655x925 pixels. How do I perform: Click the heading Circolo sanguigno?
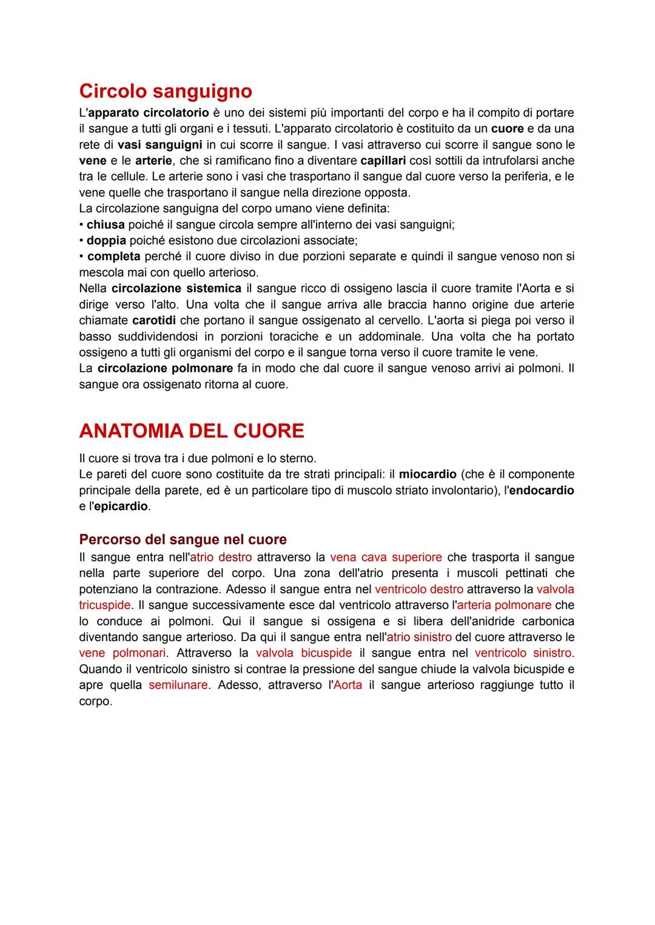tap(166, 91)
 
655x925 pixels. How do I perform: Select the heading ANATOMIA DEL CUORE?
tap(191, 431)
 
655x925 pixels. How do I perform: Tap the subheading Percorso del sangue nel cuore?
tap(183, 539)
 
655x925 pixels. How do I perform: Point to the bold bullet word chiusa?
tap(106, 224)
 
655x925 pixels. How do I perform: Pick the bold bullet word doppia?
tap(106, 240)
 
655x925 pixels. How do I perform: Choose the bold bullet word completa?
tap(113, 257)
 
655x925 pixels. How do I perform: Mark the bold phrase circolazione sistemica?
tap(176, 288)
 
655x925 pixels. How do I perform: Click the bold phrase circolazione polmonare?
tap(165, 368)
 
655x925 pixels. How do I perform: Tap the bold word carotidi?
tap(154, 320)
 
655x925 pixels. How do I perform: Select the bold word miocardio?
tap(428, 474)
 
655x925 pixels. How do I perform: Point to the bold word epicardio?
tap(121, 506)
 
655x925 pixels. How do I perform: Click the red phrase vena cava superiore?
tap(386, 557)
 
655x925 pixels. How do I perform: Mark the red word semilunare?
tap(178, 685)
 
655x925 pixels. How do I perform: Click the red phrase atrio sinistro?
tap(419, 637)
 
